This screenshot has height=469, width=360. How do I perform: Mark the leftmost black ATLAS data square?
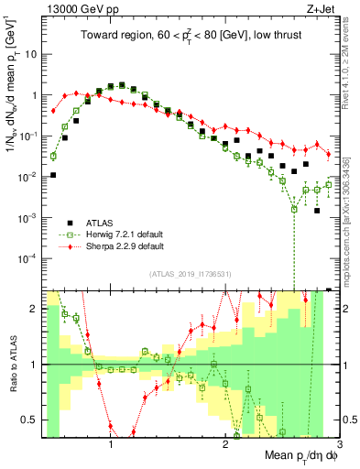tap(53, 174)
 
